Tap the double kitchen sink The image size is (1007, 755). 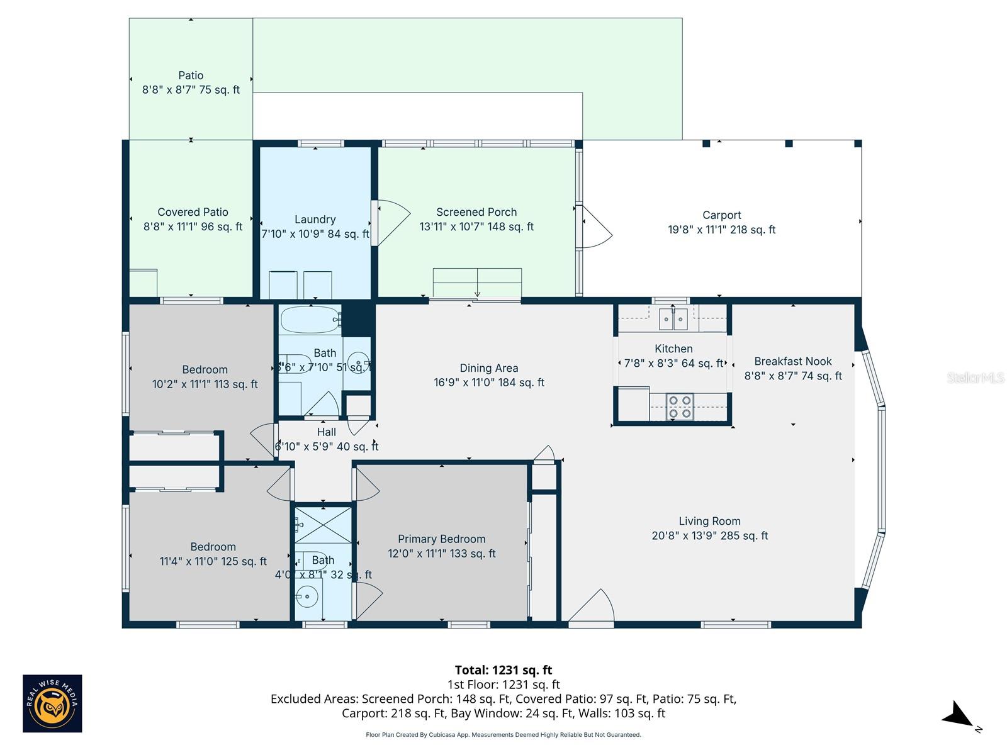click(673, 319)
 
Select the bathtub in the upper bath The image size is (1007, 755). click(309, 320)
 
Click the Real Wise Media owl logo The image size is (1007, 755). click(52, 703)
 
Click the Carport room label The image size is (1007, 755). click(721, 215)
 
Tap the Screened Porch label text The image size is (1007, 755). click(476, 212)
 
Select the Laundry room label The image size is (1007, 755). click(315, 220)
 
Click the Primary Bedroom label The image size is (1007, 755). click(441, 539)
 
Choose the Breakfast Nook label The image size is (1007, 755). click(792, 361)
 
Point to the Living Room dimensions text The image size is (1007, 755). click(709, 536)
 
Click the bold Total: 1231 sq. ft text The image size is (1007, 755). click(503, 670)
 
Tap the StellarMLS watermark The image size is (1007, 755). click(975, 377)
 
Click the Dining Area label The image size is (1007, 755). click(488, 368)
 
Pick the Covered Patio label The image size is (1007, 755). click(193, 212)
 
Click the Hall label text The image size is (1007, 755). click(326, 432)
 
